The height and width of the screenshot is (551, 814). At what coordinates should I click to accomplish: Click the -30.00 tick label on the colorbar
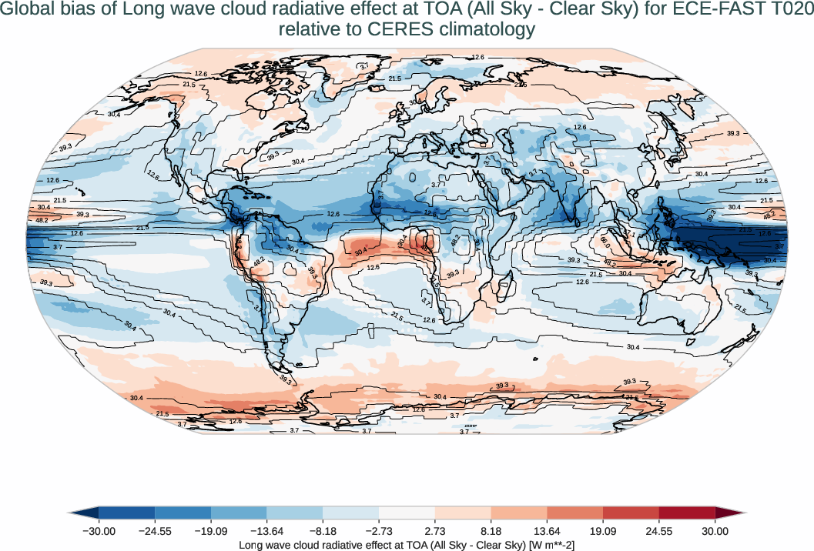(x=99, y=531)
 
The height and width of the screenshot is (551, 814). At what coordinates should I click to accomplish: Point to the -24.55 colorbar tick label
(x=155, y=531)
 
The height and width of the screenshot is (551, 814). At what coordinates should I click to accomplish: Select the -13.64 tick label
(x=266, y=531)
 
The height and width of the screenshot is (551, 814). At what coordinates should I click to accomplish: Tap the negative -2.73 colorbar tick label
(x=379, y=531)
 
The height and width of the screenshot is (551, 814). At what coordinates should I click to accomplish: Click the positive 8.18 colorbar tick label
(x=491, y=531)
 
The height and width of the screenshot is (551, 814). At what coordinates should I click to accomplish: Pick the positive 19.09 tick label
(x=603, y=531)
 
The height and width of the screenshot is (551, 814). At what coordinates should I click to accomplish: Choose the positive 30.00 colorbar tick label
(x=715, y=531)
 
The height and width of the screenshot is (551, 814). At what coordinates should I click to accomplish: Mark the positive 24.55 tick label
(x=659, y=531)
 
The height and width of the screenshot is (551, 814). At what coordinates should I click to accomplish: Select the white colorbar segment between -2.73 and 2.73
(x=407, y=513)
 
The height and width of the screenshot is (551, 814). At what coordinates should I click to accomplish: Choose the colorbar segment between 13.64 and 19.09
(x=574, y=513)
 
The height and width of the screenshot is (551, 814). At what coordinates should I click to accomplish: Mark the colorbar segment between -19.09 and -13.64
(x=239, y=513)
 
